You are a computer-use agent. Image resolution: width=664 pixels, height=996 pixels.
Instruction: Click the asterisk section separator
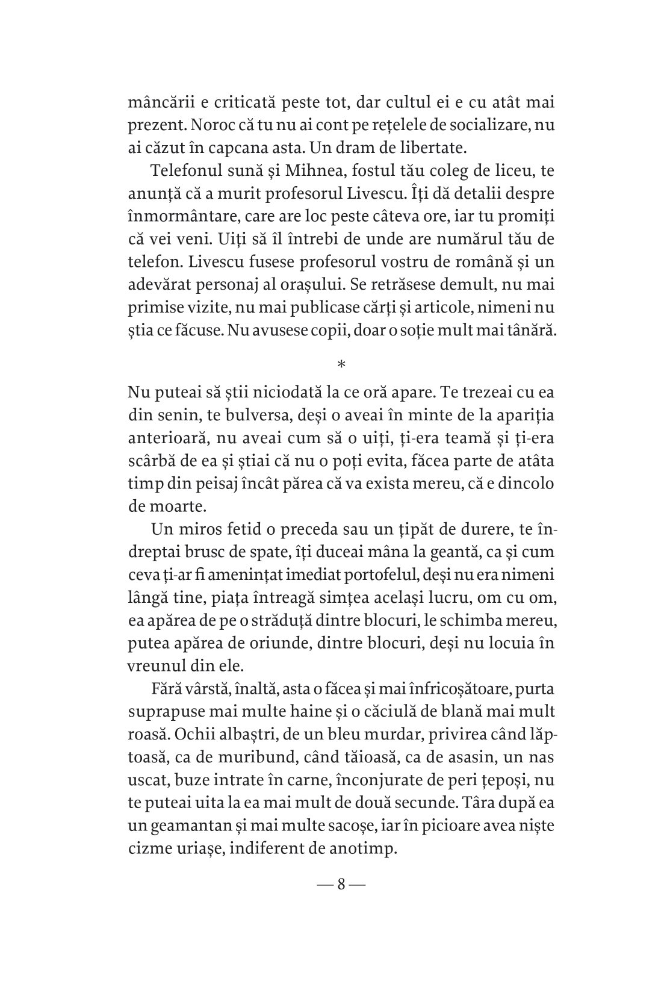(341, 364)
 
